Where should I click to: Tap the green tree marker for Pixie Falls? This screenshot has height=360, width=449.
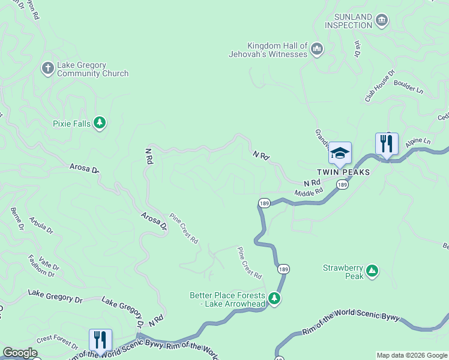pos(99,124)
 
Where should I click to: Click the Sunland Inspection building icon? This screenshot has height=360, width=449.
pos(381,21)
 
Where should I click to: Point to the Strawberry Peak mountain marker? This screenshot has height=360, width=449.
pos(372,272)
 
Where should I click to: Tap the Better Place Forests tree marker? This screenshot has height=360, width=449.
pos(274,299)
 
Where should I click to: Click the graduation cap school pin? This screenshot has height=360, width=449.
pos(340,153)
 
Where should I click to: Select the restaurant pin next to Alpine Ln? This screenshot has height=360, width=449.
pos(387,144)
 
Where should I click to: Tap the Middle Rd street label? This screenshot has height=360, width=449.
pos(309,193)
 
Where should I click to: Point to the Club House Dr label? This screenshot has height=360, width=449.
pos(379,86)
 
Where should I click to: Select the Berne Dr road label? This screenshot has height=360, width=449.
pos(17,219)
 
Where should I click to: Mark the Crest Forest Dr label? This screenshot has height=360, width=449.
pos(56,342)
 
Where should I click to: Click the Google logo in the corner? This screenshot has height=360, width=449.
pos(19,353)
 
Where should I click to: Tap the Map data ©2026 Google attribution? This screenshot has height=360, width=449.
pos(412,355)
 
